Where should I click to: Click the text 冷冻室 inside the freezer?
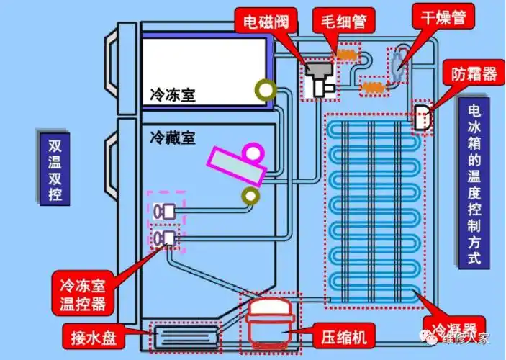(x=173, y=94)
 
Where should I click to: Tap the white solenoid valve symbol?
(x=318, y=78)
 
